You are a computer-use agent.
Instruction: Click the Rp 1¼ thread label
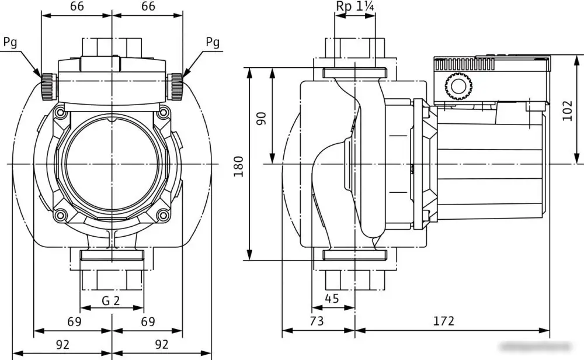[x=355, y=6]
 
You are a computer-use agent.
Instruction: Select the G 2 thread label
[x=111, y=302]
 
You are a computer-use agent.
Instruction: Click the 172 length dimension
[x=444, y=321]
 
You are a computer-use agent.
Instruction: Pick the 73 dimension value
[x=316, y=321]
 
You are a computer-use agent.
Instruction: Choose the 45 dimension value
[x=331, y=299]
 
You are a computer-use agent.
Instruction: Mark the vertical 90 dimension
[x=261, y=118]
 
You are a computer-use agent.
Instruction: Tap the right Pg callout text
[x=213, y=42]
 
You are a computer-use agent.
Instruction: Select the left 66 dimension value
[x=77, y=6]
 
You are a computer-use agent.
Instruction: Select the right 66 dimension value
[x=148, y=6]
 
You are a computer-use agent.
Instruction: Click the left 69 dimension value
[x=74, y=321]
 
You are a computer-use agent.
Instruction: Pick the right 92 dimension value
[x=162, y=344]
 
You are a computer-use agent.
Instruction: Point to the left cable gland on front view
[x=48, y=86]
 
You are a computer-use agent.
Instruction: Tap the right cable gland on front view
[x=175, y=86]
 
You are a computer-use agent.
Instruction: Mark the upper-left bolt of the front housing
[x=61, y=111]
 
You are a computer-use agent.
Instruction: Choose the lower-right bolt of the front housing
[x=161, y=216]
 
